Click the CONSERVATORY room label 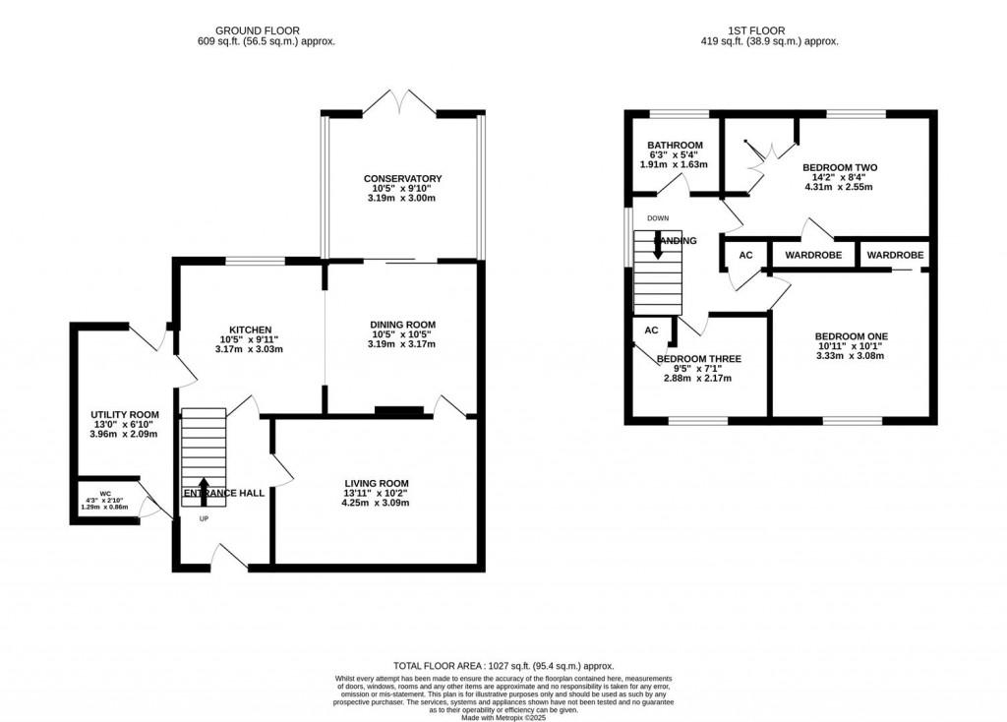pos(402,178)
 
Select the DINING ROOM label pos(402,324)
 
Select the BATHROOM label pos(675,146)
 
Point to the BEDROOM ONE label pos(852,336)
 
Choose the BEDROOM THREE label pos(699,359)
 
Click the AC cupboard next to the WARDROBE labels pos(745,256)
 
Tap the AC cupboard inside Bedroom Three pos(650,331)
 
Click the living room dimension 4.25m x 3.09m pos(374,504)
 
